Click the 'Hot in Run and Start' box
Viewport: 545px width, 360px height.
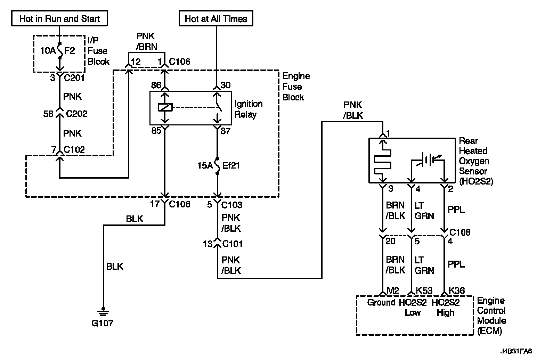(60, 18)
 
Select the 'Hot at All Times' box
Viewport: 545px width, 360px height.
(216, 18)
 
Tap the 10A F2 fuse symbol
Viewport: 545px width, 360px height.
(60, 51)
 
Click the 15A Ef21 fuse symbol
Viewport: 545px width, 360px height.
(217, 166)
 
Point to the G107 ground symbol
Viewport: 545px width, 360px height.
(103, 312)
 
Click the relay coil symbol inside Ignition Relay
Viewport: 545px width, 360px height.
(165, 107)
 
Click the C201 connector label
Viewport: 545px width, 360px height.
(74, 78)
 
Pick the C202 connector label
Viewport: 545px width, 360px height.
(76, 114)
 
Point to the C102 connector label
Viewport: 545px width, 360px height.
(74, 149)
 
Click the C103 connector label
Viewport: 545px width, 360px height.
(232, 205)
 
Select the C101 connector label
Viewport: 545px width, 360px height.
(233, 244)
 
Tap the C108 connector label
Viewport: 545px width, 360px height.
(460, 232)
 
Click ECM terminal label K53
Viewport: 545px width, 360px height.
(424, 291)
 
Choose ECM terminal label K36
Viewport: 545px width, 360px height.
(457, 291)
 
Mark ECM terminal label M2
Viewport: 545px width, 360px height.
(393, 291)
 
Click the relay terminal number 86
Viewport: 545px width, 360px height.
(156, 85)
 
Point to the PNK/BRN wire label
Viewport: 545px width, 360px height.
(146, 41)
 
